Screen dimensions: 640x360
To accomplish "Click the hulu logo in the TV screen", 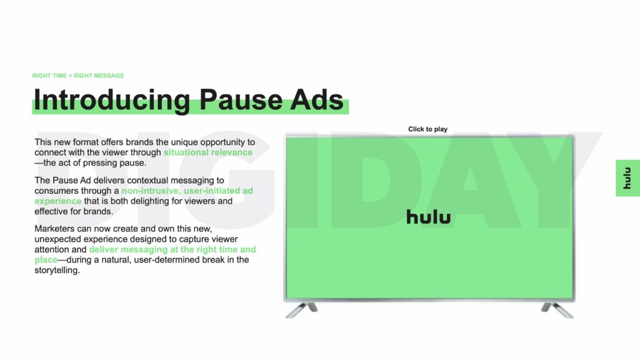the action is pos(429,217).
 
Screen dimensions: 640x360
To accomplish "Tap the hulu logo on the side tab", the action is pos(627,178).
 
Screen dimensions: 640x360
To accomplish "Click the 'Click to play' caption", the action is pos(427,129).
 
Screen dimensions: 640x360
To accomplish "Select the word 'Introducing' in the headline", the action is pos(112,99).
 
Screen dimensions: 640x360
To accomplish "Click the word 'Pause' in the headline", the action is pos(241,99).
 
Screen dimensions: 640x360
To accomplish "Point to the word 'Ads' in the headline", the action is pos(317,99).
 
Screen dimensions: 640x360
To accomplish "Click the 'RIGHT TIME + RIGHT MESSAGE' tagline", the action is pos(78,76).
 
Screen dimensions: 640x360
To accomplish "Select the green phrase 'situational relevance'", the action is pos(208,152).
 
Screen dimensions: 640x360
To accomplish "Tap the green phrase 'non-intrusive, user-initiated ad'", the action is pos(187,191).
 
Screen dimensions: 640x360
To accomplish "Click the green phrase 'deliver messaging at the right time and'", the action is pos(172,249).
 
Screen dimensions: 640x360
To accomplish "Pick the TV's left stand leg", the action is pos(301,310).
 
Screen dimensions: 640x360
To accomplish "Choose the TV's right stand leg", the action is pos(557,310).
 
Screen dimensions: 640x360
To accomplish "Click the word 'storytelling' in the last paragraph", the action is pos(56,270).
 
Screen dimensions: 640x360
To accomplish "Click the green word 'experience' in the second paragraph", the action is pos(58,201).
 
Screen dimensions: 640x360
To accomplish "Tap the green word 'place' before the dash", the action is pos(46,260).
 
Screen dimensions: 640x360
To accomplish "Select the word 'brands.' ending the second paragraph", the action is pos(98,211).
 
